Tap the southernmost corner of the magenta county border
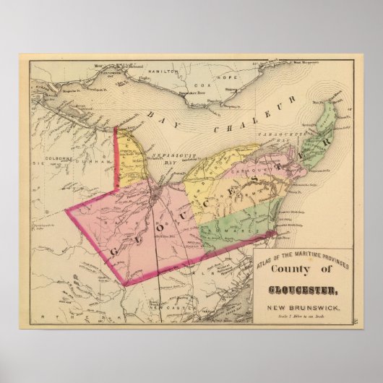(x=124, y=284)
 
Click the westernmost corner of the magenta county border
(x=66, y=211)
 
